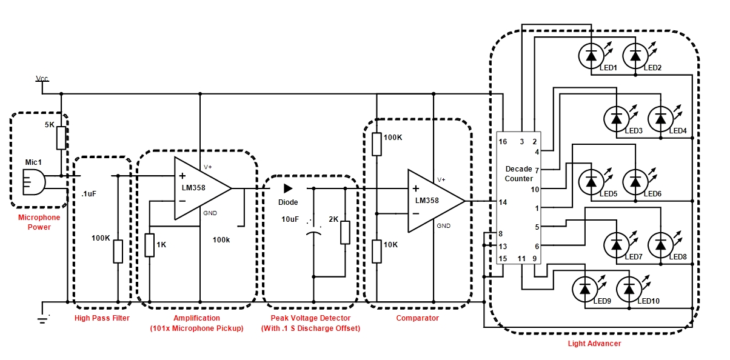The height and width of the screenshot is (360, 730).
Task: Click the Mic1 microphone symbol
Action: coord(34,182)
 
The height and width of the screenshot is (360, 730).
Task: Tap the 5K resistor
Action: coord(61,138)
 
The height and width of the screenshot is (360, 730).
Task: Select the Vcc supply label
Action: coord(42,79)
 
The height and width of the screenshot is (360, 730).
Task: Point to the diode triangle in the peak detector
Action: coord(288,188)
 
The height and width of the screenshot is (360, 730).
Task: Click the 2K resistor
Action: coord(345,232)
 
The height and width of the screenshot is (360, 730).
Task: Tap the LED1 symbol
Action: coord(591,56)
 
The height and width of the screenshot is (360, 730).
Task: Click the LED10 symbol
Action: coord(629,289)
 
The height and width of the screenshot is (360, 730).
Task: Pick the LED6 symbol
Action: coord(635,182)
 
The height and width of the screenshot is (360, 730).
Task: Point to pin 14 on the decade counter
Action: coord(503,202)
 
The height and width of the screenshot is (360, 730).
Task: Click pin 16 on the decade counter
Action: coord(503,141)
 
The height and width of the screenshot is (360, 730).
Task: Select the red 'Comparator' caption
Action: coord(418,318)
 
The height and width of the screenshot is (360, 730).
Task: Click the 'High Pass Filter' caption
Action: coord(102,318)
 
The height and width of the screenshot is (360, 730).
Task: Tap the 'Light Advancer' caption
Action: coord(594,344)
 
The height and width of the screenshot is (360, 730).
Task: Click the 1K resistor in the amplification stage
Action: coord(150,245)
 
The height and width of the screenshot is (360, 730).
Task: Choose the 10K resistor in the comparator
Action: coord(377,251)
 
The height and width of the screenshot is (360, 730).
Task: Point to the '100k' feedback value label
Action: coord(221,240)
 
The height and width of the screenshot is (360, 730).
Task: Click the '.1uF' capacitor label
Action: coord(89,194)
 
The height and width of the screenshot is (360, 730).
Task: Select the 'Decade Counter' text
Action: coord(519,174)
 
